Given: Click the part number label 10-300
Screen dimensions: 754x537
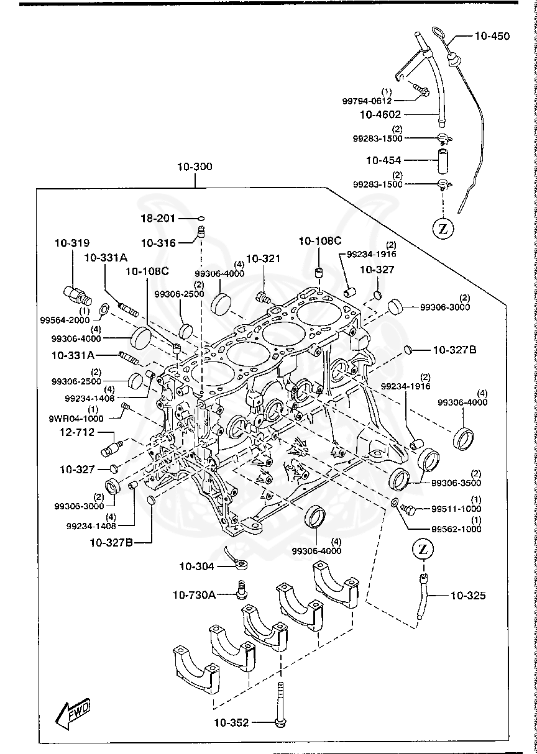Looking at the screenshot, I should [x=195, y=166].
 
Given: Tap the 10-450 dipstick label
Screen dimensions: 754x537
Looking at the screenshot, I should [x=492, y=36].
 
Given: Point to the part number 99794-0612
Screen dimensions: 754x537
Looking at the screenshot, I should [x=367, y=101].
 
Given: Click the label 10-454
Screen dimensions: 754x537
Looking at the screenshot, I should [x=383, y=160].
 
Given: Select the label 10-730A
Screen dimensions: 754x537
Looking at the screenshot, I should [x=194, y=595].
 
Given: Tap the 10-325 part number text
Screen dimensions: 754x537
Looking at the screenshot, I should [x=467, y=595].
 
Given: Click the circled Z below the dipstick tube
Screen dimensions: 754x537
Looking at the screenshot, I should [x=443, y=228].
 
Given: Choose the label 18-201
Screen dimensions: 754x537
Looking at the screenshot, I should [x=158, y=219].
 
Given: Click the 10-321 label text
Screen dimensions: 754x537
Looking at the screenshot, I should [x=264, y=258].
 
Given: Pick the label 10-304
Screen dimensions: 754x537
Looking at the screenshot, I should [x=196, y=566].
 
